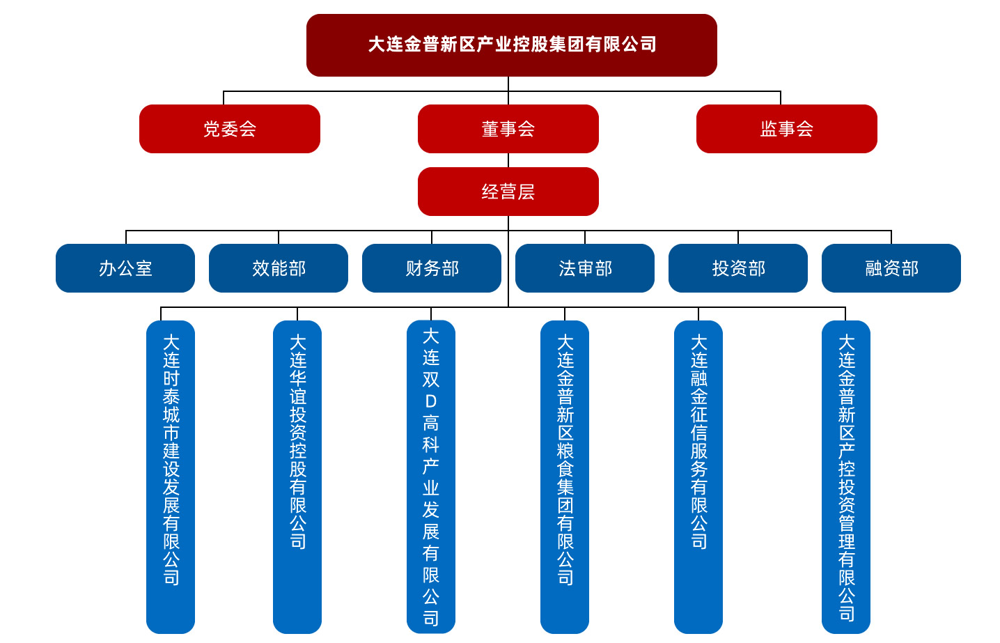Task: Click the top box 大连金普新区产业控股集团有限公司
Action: [x=511, y=45]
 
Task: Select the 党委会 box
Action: [x=229, y=129]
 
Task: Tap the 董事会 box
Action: [x=508, y=129]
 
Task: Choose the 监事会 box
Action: [x=786, y=129]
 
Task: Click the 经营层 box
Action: [x=508, y=192]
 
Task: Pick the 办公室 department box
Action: [x=125, y=268]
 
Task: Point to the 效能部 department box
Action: [x=279, y=268]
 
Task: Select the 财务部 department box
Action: [x=432, y=268]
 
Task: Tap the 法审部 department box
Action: [x=585, y=268]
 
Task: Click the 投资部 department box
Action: [x=738, y=268]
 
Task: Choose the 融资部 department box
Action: [x=891, y=268]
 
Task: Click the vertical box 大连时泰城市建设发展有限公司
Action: [x=171, y=477]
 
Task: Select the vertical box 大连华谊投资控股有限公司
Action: [x=297, y=477]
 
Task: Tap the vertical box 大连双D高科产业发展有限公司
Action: [x=431, y=477]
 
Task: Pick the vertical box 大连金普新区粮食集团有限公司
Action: [x=565, y=477]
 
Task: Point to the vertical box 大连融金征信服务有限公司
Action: [x=698, y=477]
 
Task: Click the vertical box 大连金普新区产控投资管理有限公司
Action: [x=846, y=477]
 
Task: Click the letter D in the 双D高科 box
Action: [x=431, y=401]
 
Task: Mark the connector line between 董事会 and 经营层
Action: [x=508, y=160]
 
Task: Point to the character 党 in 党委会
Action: [x=212, y=129]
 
